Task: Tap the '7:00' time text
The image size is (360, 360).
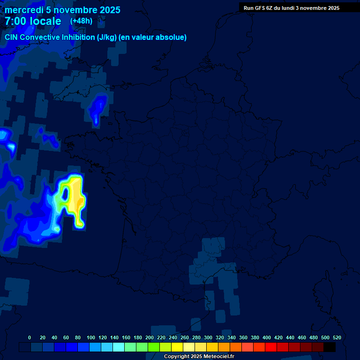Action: pos(15,22)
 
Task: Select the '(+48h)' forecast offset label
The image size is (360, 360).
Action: pos(81,21)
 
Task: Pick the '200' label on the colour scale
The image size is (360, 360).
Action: pos(150,337)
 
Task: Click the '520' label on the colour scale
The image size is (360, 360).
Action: pos(337,337)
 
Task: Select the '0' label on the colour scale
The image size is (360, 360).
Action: pos(30,337)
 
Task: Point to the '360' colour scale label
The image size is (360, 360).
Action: pos(243,337)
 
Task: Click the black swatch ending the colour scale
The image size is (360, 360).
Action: pos(330,347)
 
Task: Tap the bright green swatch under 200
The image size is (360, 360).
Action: pos(154,347)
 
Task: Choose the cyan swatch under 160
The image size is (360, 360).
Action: pos(130,347)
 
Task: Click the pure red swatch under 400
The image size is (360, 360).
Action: pos(271,347)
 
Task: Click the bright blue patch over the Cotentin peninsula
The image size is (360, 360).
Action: pos(98,107)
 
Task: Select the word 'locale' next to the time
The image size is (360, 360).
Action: pos(45,22)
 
